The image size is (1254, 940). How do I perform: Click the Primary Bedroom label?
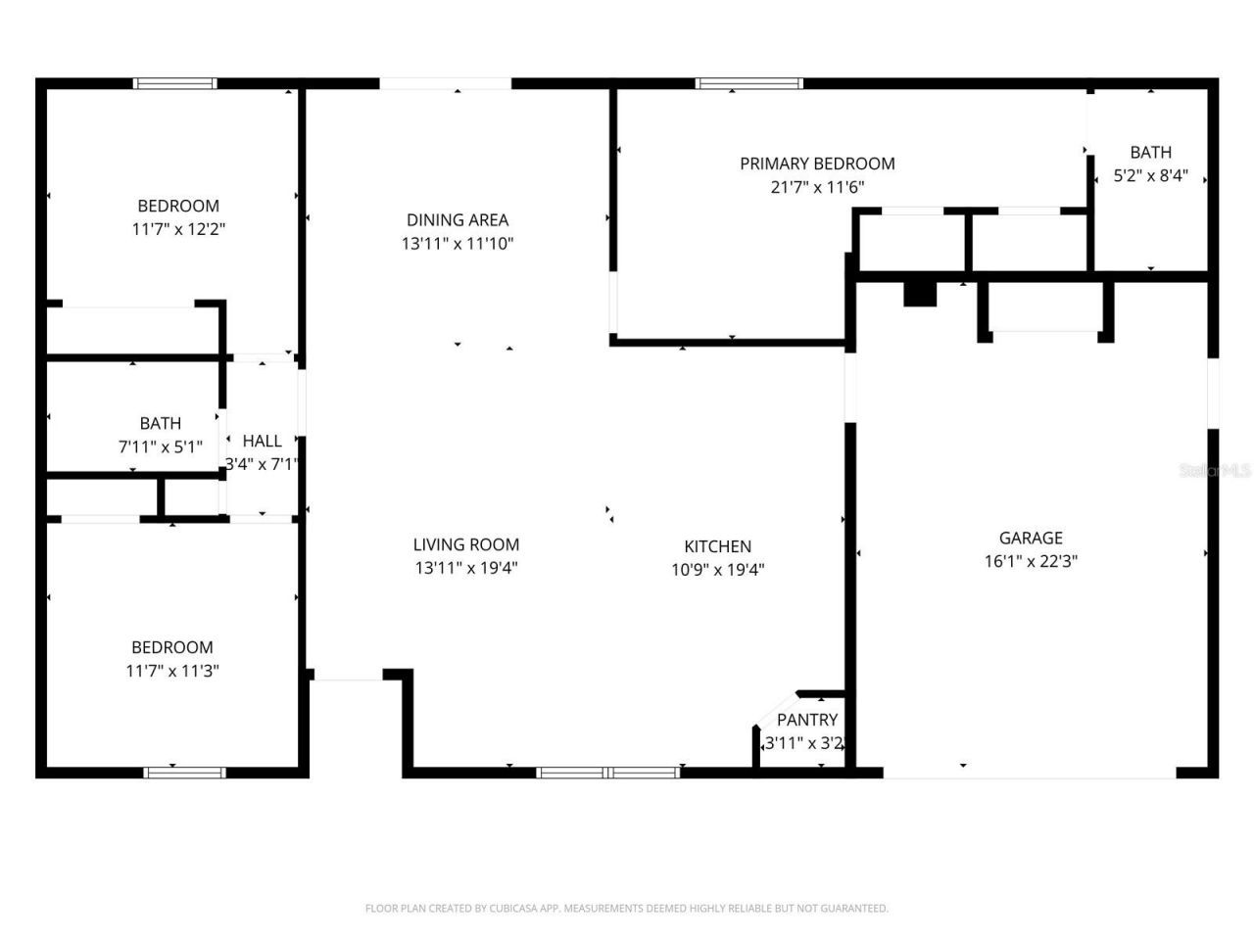click(x=817, y=164)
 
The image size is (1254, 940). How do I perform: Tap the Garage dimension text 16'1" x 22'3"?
click(x=1031, y=561)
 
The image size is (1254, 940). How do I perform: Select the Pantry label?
click(x=807, y=720)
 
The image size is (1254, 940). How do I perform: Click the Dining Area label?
click(x=458, y=220)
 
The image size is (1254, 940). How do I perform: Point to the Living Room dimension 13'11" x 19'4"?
click(x=465, y=568)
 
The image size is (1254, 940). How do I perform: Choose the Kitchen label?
click(x=717, y=546)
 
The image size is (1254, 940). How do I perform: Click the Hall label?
click(x=262, y=441)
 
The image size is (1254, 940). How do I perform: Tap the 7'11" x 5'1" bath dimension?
click(x=160, y=446)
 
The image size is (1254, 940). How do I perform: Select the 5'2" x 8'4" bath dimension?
click(x=1150, y=176)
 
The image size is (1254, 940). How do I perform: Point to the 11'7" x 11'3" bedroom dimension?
click(x=172, y=671)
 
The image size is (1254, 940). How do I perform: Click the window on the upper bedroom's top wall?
click(x=175, y=84)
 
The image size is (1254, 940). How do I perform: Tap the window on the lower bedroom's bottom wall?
click(x=184, y=773)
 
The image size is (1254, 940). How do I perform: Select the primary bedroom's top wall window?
click(x=748, y=84)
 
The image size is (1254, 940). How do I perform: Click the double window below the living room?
click(x=608, y=773)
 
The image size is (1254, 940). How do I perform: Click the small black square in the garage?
click(x=920, y=294)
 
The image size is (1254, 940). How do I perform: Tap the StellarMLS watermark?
click(x=1215, y=471)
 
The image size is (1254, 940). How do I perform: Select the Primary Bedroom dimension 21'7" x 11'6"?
click(x=817, y=187)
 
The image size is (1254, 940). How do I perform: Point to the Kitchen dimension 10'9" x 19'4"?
click(x=717, y=570)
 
